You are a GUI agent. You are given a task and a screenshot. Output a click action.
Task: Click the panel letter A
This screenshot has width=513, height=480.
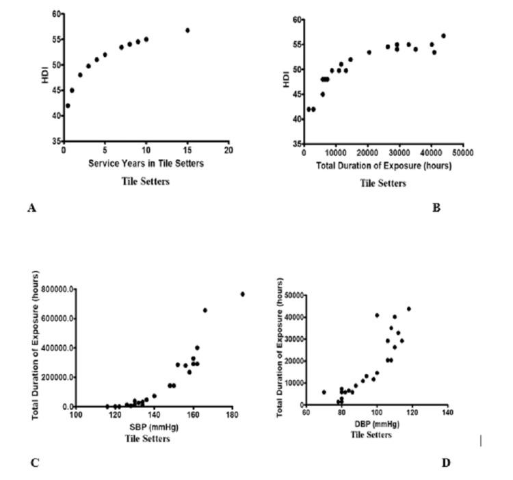click(x=31, y=207)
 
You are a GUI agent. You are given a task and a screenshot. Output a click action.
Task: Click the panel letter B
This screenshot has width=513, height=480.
click(x=436, y=207)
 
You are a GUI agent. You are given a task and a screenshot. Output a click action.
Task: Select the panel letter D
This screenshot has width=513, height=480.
click(x=445, y=463)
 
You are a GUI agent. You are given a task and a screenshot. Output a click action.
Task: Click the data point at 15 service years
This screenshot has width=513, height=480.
click(x=187, y=30)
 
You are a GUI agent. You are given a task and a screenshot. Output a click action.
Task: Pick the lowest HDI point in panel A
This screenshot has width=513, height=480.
click(x=67, y=105)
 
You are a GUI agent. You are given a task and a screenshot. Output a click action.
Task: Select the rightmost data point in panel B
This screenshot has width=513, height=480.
click(x=443, y=36)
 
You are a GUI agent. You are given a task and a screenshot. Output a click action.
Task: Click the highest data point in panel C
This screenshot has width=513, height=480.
click(x=242, y=294)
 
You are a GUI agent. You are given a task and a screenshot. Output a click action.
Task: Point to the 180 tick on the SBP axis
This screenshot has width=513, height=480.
click(x=233, y=415)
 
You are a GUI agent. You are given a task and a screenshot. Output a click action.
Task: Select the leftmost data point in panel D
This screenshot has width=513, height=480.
click(x=324, y=392)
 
